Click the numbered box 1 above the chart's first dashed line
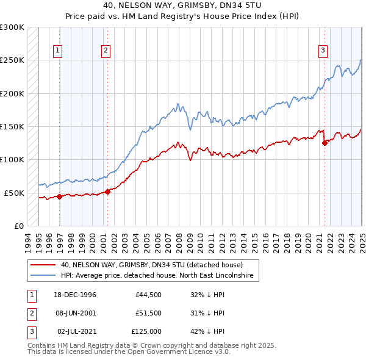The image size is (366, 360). [x=58, y=51]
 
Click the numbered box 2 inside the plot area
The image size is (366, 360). [x=106, y=51]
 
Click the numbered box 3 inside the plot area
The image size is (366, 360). [x=323, y=51]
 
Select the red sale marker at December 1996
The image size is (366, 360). [x=59, y=196]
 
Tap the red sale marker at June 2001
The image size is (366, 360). [x=107, y=192]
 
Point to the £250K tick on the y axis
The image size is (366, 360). [x=12, y=60]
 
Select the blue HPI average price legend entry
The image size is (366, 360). [x=160, y=276]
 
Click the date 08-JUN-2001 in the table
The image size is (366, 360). [x=77, y=313]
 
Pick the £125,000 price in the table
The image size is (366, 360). [x=146, y=331]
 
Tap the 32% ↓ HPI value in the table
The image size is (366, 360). [x=207, y=295]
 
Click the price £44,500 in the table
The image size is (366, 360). [x=149, y=295]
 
